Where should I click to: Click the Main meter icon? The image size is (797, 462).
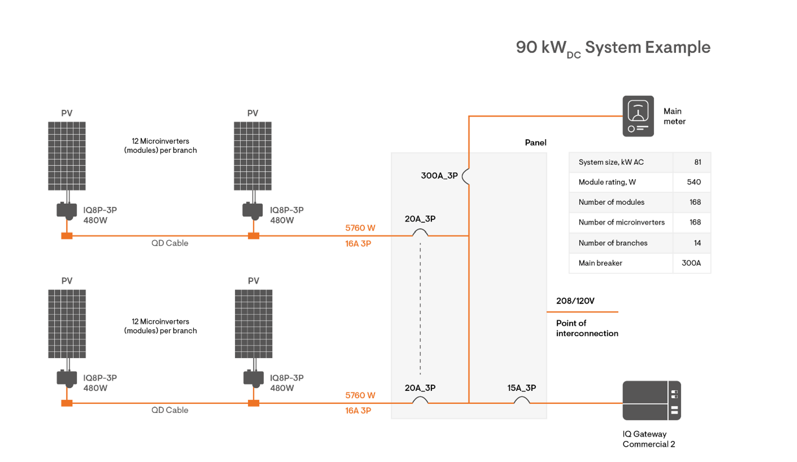click(638, 116)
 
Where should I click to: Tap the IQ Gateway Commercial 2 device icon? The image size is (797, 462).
click(651, 400)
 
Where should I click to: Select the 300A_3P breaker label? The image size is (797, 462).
click(439, 176)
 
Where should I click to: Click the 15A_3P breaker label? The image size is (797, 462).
click(521, 388)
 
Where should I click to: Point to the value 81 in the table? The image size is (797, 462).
click(697, 162)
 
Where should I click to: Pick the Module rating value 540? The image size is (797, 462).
click(693, 182)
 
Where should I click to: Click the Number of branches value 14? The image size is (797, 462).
click(697, 243)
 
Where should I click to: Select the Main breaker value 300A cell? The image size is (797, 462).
click(691, 263)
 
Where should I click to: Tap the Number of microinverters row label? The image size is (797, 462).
click(621, 222)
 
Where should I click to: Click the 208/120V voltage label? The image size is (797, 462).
click(575, 301)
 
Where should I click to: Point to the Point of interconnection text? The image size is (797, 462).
click(587, 328)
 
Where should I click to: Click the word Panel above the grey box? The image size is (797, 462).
click(535, 143)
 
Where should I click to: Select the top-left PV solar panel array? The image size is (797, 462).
click(67, 156)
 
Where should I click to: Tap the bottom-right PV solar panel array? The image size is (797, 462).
click(254, 324)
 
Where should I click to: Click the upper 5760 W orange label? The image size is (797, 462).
click(360, 228)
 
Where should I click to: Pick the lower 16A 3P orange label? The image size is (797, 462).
click(358, 411)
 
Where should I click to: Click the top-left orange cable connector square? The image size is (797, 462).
click(67, 236)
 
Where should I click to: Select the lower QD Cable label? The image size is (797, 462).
click(169, 410)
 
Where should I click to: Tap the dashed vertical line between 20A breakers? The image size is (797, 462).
click(420, 308)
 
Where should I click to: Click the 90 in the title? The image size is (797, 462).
click(526, 47)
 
